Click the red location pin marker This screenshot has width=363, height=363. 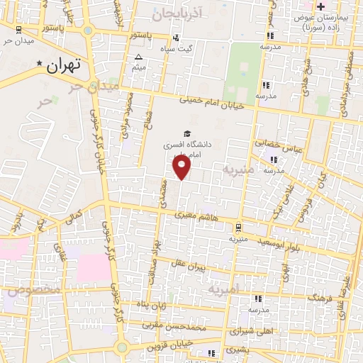(x=182, y=167)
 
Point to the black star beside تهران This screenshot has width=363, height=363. (x=40, y=63)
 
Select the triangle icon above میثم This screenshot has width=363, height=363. (x=138, y=57)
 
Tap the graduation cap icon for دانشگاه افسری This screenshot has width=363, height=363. (x=186, y=133)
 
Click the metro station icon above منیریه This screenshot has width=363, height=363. (x=238, y=228)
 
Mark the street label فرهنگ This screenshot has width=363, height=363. (x=309, y=298)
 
